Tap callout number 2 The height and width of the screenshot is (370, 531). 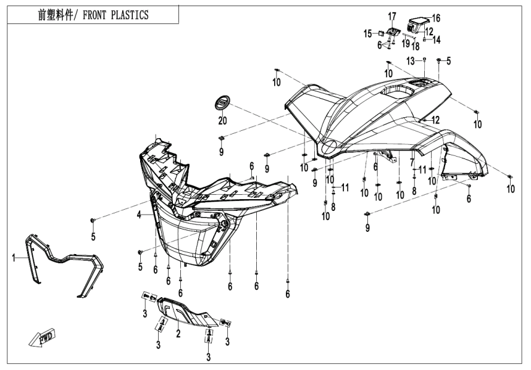(x=178, y=333)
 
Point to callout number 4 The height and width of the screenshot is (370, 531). (x=139, y=215)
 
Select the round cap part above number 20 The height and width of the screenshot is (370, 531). (x=222, y=102)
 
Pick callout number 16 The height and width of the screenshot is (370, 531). (x=436, y=18)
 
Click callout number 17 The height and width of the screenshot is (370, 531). (x=391, y=15)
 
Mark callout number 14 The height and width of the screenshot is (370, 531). (x=437, y=39)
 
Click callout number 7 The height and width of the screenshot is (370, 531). (x=411, y=162)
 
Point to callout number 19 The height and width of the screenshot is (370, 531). (x=406, y=44)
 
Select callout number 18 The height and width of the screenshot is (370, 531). (x=416, y=46)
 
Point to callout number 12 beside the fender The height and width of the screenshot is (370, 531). (x=435, y=120)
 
